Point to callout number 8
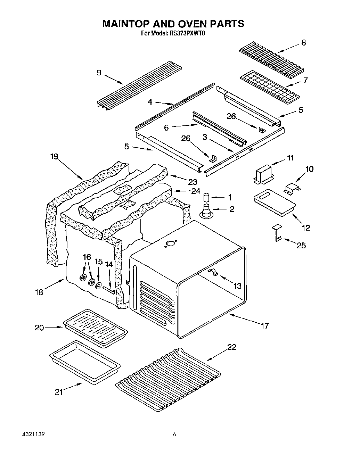click(303, 43)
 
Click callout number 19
click(54, 156)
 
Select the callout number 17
click(265, 325)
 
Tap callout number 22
click(232, 347)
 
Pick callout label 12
click(306, 228)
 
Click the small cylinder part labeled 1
click(207, 197)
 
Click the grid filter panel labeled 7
click(270, 86)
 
